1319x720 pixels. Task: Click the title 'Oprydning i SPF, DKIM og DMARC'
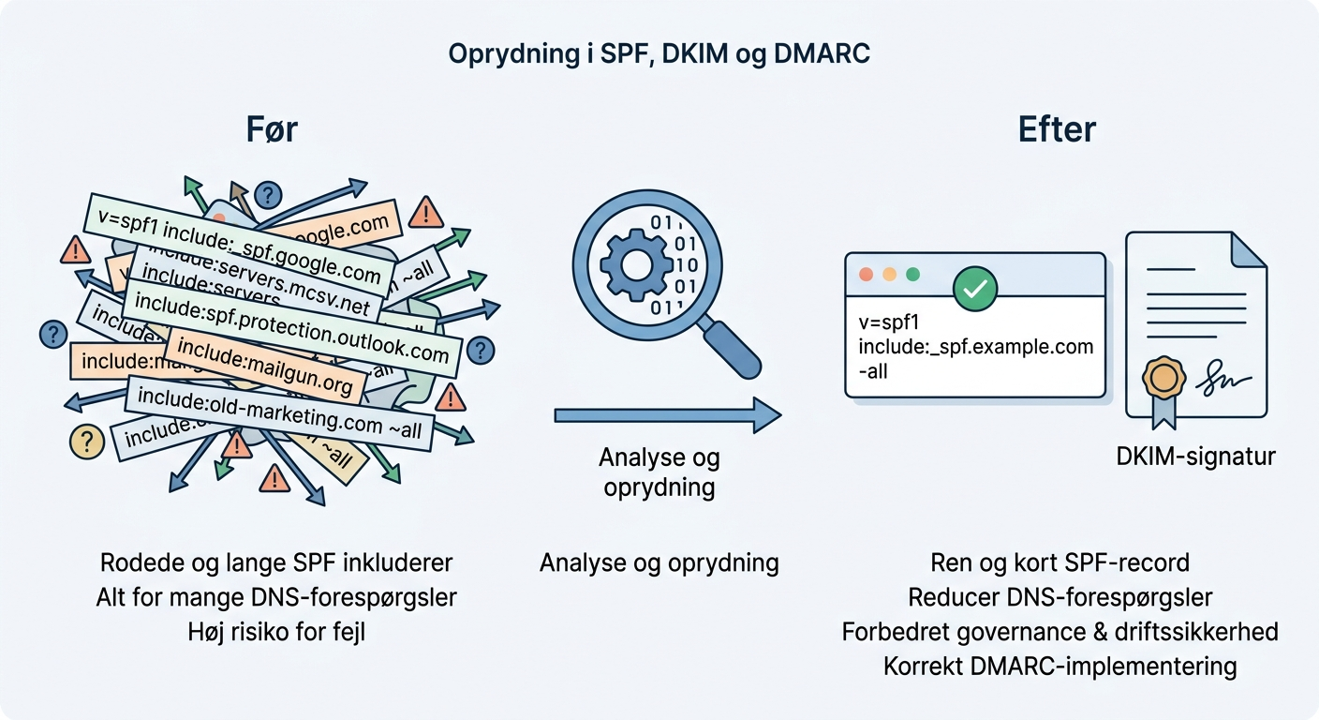[x=659, y=54]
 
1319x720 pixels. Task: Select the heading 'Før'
[x=272, y=129]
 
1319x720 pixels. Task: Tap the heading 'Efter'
[x=1057, y=129]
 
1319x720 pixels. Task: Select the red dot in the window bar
[x=866, y=276]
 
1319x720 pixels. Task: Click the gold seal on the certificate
[x=1164, y=377]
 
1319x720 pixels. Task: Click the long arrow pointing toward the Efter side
[x=667, y=413]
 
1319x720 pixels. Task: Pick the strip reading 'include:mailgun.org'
[x=265, y=367]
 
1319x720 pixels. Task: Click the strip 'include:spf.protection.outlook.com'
[x=292, y=327]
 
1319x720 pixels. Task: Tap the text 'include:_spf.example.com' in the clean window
[x=975, y=347]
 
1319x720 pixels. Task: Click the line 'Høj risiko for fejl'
[x=276, y=632]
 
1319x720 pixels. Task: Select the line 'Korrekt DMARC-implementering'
[x=1060, y=667]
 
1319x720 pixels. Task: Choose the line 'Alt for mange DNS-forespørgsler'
[x=276, y=597]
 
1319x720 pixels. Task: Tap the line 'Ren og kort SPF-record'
[x=1060, y=562]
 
